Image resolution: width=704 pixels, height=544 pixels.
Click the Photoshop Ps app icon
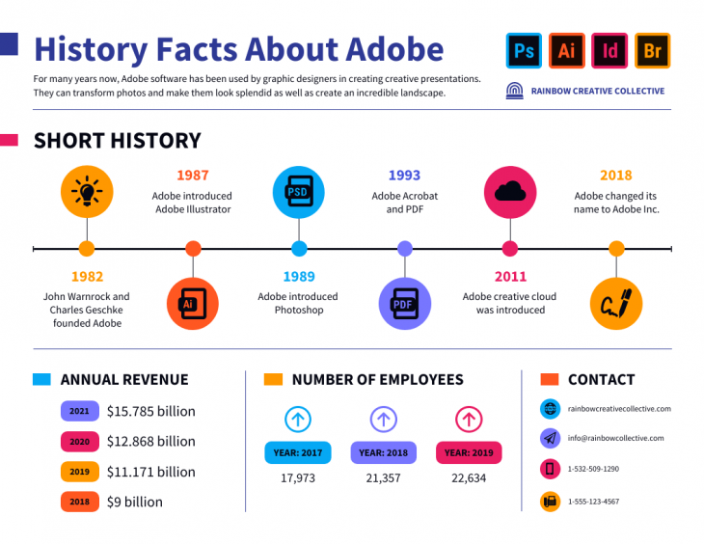524,51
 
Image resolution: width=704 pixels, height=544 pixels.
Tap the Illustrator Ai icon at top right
567,51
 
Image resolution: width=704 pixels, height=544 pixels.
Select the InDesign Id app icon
609,51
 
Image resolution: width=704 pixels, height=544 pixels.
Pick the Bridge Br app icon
652,51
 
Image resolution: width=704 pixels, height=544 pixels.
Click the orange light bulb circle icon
87,192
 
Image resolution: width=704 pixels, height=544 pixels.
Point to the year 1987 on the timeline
192,176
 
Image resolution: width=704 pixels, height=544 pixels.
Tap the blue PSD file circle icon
298,192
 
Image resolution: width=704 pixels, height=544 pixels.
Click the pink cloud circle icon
509,192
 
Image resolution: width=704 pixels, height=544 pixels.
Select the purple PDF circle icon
404,304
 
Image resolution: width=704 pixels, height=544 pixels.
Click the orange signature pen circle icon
615,304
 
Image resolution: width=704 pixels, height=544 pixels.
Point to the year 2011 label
510,277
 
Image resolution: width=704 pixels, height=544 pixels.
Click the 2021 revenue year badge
79,411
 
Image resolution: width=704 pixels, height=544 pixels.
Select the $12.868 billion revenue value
150,441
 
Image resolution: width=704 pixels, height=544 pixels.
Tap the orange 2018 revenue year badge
79,502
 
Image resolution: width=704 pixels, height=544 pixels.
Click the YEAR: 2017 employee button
297,452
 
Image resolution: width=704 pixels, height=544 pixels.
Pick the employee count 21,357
384,477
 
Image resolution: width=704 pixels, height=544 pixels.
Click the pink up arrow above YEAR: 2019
468,420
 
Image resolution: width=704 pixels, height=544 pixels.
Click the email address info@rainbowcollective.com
615,438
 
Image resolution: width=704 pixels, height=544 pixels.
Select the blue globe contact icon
550,408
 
